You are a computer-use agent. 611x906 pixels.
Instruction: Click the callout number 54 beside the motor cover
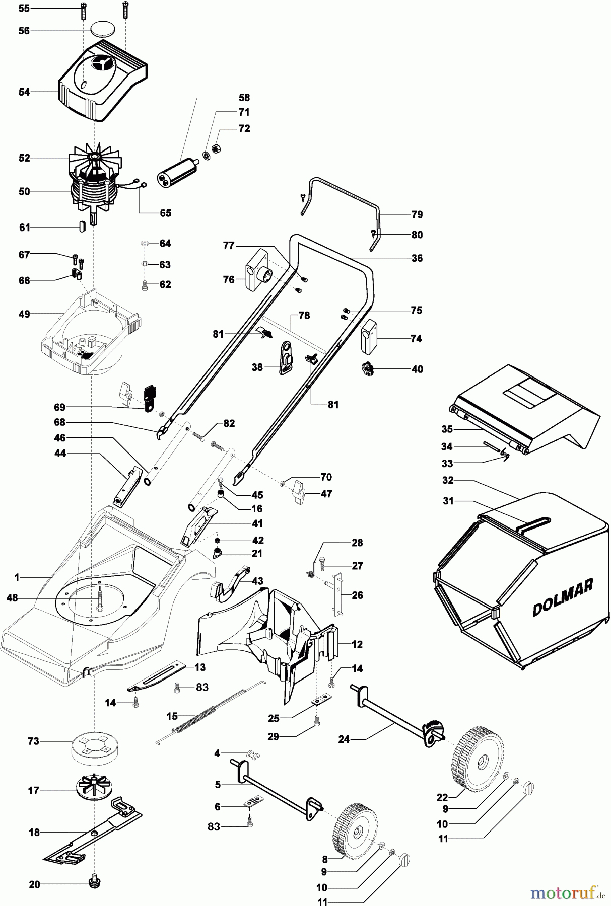point(24,92)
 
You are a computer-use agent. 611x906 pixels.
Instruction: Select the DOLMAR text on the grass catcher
point(563,597)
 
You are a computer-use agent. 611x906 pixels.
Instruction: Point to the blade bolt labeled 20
point(93,881)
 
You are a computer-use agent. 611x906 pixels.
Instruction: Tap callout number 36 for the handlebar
point(417,258)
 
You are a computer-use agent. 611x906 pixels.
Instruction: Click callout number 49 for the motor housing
point(24,314)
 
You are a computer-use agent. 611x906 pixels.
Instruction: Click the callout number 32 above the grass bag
point(448,480)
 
